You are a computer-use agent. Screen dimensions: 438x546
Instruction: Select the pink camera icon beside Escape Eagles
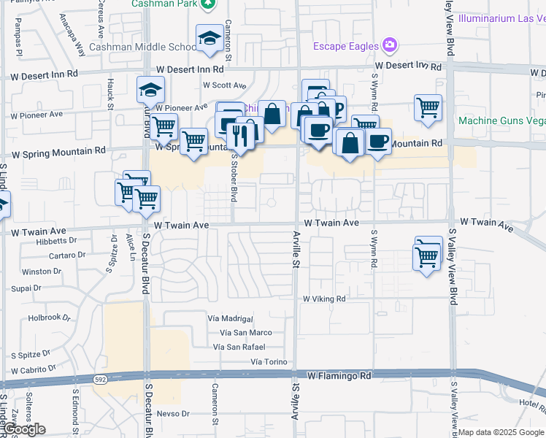[390, 45]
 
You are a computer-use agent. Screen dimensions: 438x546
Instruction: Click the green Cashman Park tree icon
[208, 4]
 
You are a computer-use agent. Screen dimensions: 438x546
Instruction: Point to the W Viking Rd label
[324, 299]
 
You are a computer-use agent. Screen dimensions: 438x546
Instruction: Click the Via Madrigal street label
[230, 319]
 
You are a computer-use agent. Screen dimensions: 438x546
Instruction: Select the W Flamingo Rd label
[339, 376]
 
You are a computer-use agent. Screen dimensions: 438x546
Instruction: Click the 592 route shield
[100, 379]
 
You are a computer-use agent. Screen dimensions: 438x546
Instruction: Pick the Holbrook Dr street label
[50, 318]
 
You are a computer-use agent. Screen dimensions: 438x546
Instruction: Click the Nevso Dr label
[172, 413]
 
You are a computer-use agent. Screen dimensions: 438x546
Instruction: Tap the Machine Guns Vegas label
[501, 120]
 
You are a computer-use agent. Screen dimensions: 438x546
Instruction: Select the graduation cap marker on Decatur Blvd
[151, 91]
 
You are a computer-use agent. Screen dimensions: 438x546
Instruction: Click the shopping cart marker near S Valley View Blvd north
[428, 108]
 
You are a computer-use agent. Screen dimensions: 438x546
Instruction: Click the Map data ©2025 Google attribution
[501, 432]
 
